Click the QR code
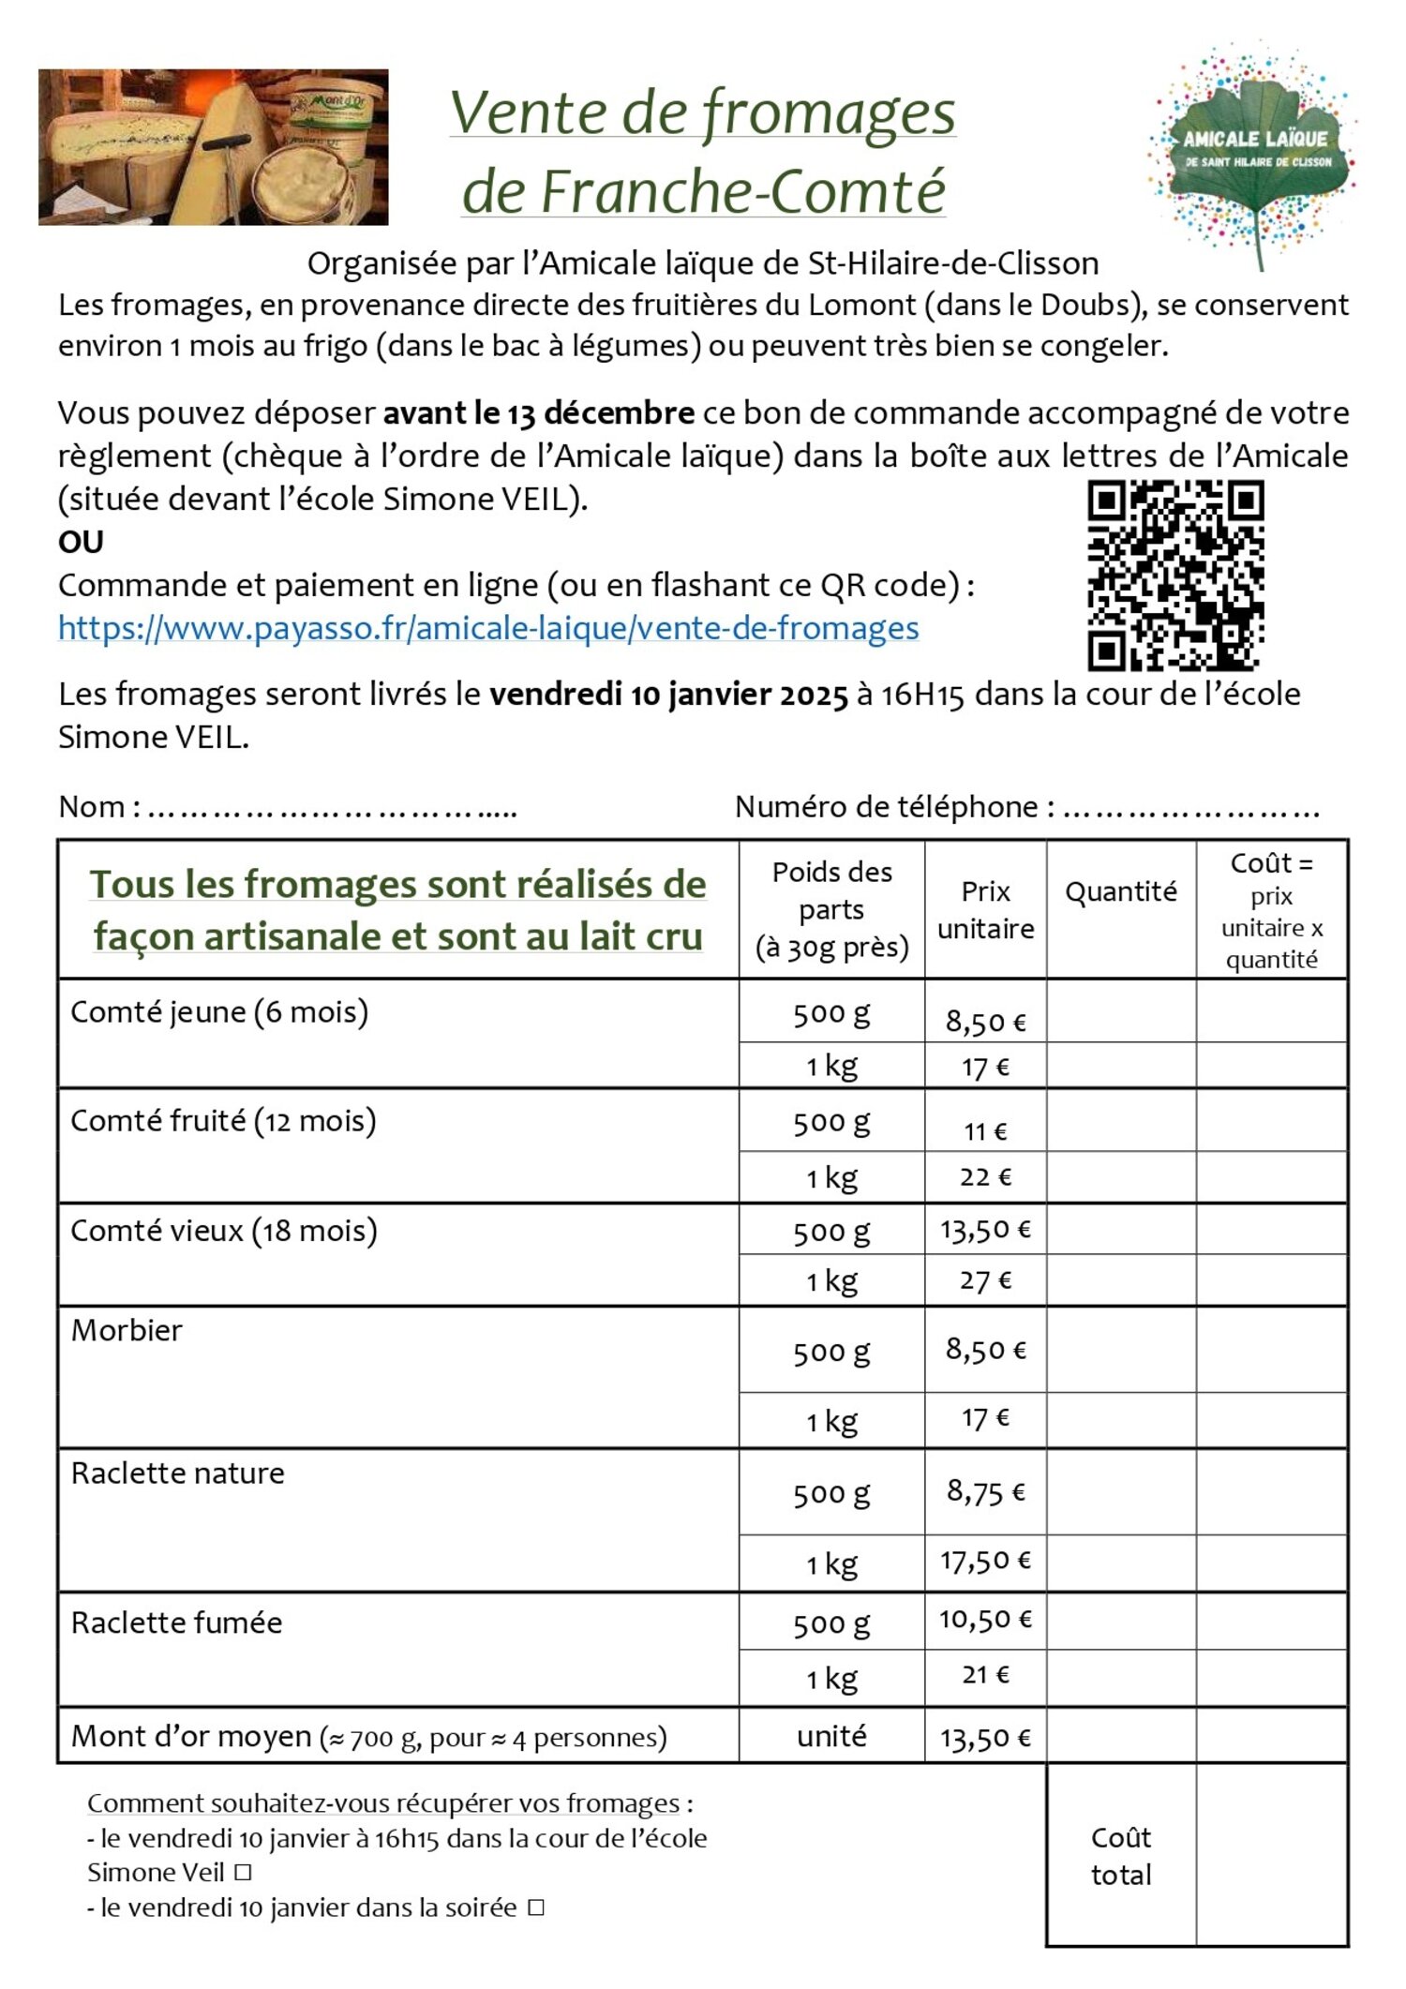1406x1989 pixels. tap(1175, 576)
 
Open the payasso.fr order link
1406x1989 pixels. tap(488, 628)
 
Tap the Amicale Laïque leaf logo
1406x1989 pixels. tap(1254, 155)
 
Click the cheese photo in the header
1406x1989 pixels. tap(213, 147)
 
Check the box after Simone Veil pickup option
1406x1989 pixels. tap(243, 1873)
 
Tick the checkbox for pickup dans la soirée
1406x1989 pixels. tap(536, 1907)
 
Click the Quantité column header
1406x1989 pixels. tap(1120, 891)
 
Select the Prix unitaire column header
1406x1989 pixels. tap(985, 909)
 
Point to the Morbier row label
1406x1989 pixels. tap(127, 1330)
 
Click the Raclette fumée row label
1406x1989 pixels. tap(177, 1623)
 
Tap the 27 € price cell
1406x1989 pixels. tap(985, 1280)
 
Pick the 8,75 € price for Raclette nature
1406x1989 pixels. tap(985, 1491)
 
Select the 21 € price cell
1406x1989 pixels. tap(985, 1675)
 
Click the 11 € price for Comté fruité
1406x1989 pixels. tap(985, 1131)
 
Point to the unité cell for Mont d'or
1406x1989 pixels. tap(831, 1737)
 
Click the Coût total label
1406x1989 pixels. tap(1121, 1856)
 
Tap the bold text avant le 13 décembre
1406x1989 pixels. tap(539, 413)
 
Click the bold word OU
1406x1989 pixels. tap(81, 542)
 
